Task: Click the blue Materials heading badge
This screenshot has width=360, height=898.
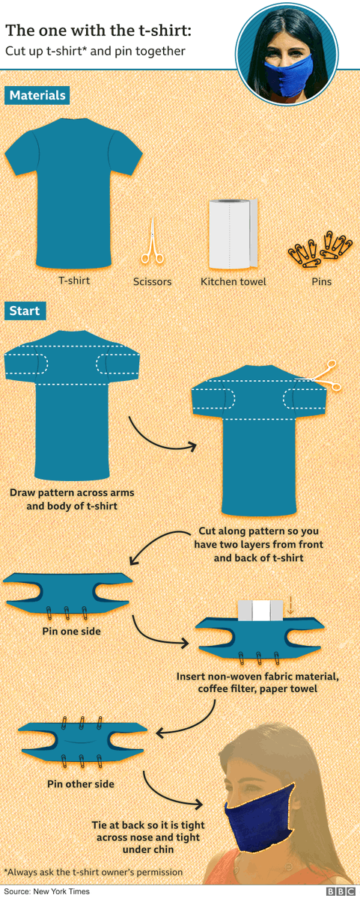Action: tap(37, 95)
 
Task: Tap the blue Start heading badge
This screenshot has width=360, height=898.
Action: tap(25, 311)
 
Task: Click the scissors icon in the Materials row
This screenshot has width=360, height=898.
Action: tap(152, 243)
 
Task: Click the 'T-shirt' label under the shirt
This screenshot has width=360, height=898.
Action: tap(74, 281)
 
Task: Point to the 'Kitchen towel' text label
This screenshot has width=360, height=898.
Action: tap(233, 282)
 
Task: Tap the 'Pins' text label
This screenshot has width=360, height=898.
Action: tap(322, 282)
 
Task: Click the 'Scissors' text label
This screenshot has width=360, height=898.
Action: tap(152, 282)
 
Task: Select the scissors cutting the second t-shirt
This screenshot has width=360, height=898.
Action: tap(326, 376)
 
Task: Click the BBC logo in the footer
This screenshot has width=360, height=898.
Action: tap(340, 891)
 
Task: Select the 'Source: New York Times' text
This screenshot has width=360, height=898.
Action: tap(46, 891)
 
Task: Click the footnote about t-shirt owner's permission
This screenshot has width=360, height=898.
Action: tap(93, 872)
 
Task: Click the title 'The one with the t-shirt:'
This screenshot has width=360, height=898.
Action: tap(98, 31)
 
